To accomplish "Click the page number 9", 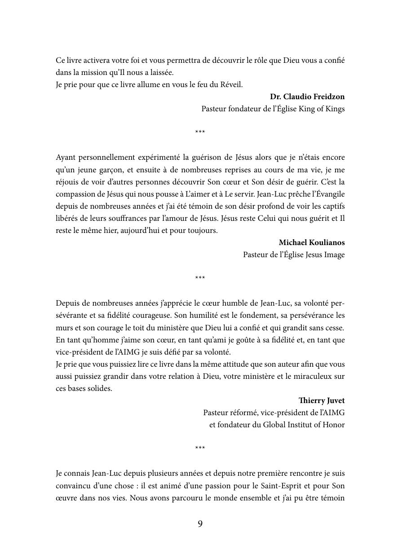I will [200, 524].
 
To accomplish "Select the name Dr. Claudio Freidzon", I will [307, 96].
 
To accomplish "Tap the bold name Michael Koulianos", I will [312, 242].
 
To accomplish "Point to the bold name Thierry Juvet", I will [322, 400].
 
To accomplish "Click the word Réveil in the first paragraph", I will [230, 84].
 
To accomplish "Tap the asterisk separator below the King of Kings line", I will [200, 132].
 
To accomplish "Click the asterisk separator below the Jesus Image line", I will [200, 278].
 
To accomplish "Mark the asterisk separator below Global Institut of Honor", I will [200, 448].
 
